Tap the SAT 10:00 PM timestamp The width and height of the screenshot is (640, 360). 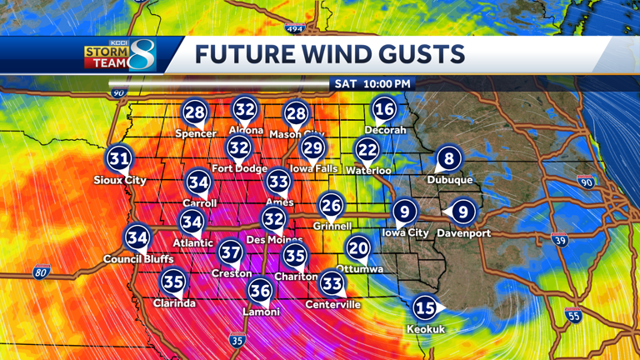tap(372, 84)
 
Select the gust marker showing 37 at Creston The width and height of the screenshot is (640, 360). tap(231, 251)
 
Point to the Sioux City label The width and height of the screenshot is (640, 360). tap(120, 180)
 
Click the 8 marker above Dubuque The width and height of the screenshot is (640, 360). tap(449, 158)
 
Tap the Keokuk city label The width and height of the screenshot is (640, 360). tap(425, 329)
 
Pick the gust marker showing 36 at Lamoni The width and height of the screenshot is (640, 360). tap(260, 290)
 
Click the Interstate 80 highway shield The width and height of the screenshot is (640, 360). tap(42, 272)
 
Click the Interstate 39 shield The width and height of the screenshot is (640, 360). tap(559, 241)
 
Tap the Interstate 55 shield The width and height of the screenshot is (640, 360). tap(572, 315)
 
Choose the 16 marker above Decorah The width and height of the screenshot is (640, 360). tap(384, 108)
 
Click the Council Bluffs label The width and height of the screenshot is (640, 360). tap(138, 259)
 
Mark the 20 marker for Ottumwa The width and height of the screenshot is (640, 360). tap(358, 247)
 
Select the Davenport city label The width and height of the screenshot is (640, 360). tap(463, 233)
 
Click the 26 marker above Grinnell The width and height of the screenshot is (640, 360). tap(331, 205)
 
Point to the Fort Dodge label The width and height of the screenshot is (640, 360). tap(239, 168)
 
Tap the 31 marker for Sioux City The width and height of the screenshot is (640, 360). tap(119, 158)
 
